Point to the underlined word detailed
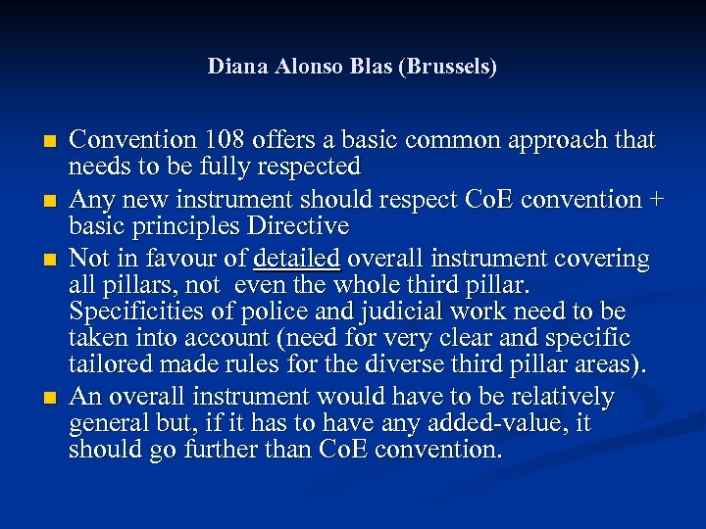click(296, 259)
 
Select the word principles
click(186, 226)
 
